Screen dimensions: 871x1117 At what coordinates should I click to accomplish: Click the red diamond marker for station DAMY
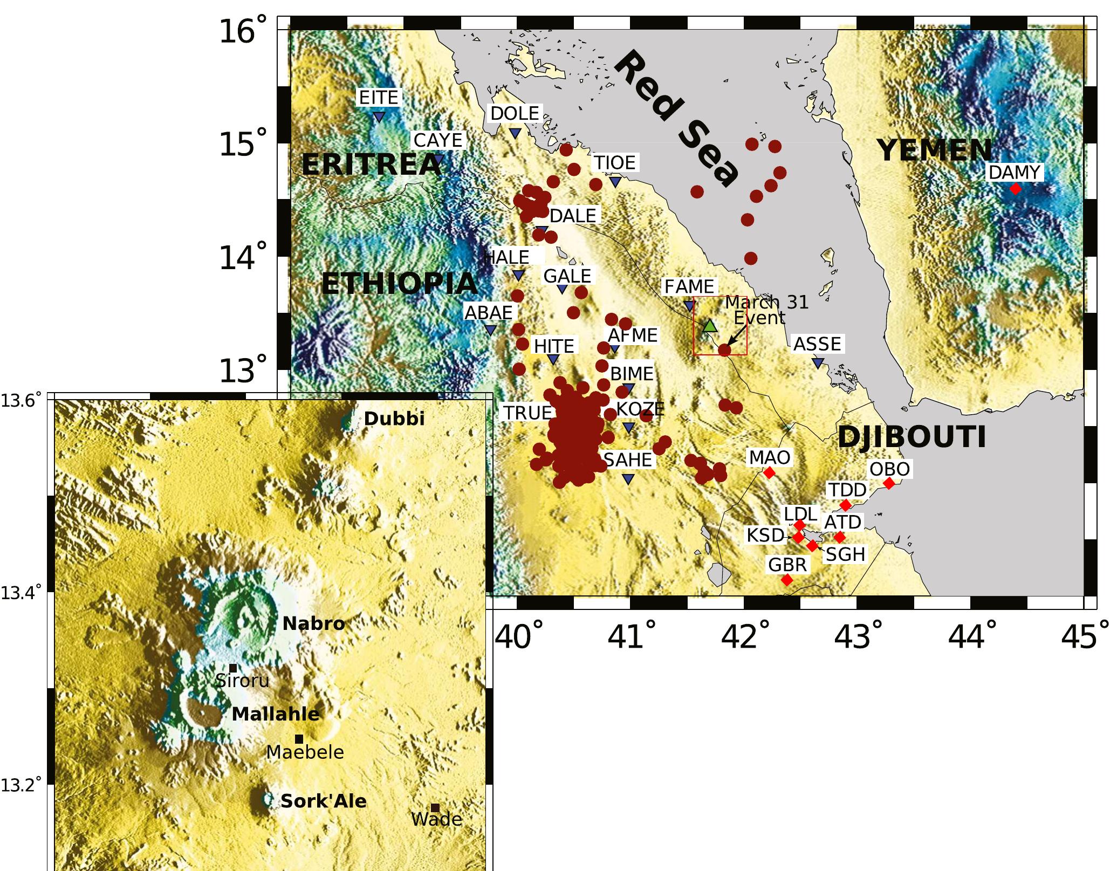point(1015,189)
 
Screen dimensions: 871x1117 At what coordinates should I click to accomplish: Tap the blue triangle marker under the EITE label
point(379,117)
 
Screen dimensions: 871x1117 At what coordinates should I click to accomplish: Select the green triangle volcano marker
point(710,326)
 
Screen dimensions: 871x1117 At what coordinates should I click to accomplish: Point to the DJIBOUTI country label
point(912,437)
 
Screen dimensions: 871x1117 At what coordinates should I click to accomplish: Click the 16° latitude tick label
point(243,30)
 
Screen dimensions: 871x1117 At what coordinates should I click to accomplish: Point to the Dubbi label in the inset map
point(394,419)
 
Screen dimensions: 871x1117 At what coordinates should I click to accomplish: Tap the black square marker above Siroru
point(233,668)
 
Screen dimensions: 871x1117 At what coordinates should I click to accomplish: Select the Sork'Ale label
point(324,801)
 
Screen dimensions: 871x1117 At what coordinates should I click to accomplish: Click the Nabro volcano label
point(313,623)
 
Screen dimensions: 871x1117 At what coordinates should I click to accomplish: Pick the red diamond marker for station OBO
point(888,484)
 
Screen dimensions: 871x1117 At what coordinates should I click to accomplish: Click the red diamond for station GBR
point(787,580)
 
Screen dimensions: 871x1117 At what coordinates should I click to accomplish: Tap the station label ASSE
point(817,344)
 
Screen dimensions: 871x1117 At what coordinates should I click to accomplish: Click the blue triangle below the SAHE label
point(628,478)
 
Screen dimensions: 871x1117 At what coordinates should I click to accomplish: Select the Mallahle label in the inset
point(275,714)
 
